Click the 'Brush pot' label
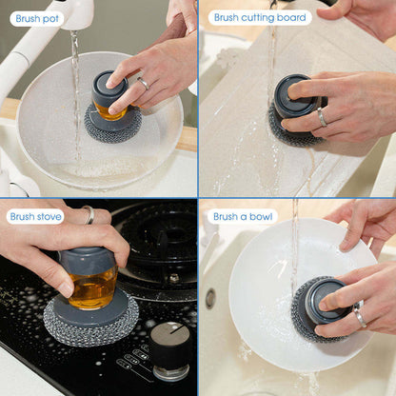37,19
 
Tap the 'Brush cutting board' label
260,17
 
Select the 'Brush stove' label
35,217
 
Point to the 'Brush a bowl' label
243,217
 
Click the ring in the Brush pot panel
144,83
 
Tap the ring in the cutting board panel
322,117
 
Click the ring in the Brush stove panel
89,214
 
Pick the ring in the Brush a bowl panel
360,316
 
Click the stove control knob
170,349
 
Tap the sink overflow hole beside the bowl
209,299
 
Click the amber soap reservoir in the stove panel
93,288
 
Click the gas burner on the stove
159,241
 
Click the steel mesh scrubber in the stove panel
90,317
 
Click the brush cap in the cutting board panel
296,95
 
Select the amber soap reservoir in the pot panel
109,111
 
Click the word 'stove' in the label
49,217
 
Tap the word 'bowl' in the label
261,217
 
